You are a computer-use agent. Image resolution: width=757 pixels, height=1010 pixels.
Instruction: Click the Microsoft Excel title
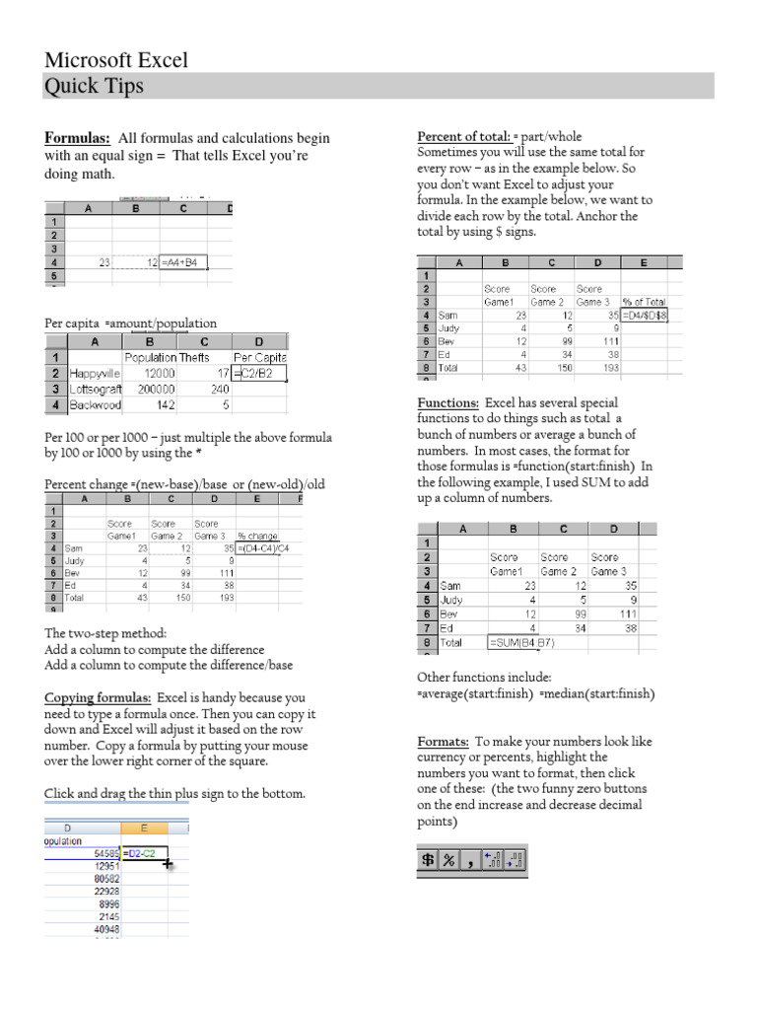[116, 60]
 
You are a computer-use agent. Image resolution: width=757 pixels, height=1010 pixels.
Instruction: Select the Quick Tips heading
[95, 87]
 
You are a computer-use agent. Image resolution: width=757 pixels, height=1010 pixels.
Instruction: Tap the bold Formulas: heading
[77, 138]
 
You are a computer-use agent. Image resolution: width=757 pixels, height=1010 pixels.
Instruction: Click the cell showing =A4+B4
[184, 262]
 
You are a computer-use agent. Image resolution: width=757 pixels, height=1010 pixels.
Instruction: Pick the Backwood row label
[96, 403]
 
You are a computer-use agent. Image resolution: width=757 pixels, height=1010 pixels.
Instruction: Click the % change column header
[257, 536]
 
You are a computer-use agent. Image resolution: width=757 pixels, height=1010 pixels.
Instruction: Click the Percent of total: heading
[464, 137]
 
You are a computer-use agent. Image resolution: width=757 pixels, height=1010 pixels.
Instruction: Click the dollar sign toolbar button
[428, 860]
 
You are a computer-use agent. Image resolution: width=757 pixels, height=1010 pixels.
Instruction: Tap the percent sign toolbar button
[448, 860]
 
